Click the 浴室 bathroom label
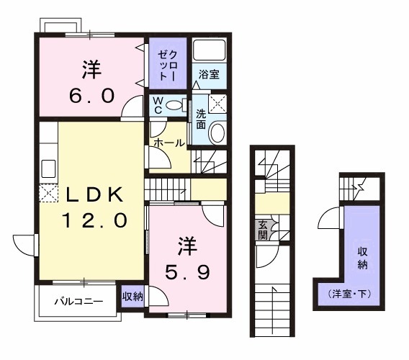click(x=210, y=73)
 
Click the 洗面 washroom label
click(x=201, y=118)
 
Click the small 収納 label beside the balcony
click(x=132, y=296)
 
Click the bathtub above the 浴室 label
click(x=211, y=50)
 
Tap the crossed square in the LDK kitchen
click(x=48, y=193)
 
